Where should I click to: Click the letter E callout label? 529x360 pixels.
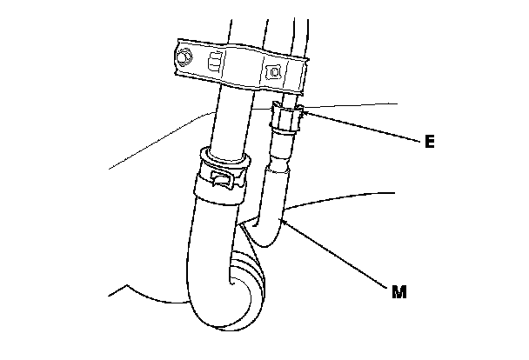pyautogui.click(x=429, y=139)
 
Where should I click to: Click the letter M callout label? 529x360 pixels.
pyautogui.click(x=398, y=292)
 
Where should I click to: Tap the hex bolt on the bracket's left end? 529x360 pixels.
pyautogui.click(x=184, y=58)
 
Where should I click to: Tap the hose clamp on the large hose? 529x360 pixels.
pyautogui.click(x=225, y=175)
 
